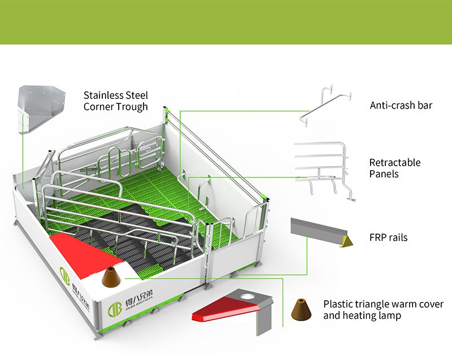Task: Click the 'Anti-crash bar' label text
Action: pyautogui.click(x=401, y=105)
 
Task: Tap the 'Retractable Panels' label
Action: pyautogui.click(x=395, y=168)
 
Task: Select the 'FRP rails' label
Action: pyautogui.click(x=388, y=237)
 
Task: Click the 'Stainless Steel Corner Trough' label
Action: pyautogui.click(x=116, y=101)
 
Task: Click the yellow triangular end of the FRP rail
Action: pyautogui.click(x=346, y=241)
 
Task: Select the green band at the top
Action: pyautogui.click(x=226, y=21)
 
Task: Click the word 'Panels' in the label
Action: pyautogui.click(x=384, y=174)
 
